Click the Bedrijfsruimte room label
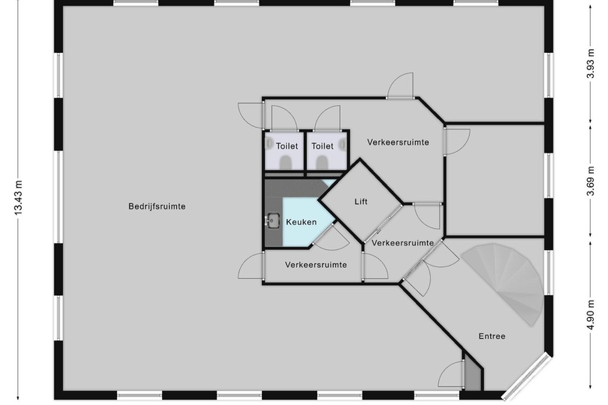[x=157, y=206]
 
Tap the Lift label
[x=361, y=202]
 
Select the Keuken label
[x=302, y=222]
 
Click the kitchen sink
[x=274, y=221]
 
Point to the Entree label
[x=492, y=336]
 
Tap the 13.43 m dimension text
[x=18, y=197]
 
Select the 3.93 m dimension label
[x=590, y=64]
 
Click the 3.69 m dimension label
[x=590, y=181]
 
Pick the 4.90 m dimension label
[x=590, y=315]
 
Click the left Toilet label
[x=287, y=146]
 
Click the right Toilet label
[x=322, y=146]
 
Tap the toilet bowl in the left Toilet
[x=286, y=162]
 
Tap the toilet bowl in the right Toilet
[x=321, y=162]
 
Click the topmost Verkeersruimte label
[x=398, y=143]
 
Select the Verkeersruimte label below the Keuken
[x=316, y=265]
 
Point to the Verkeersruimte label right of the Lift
[x=402, y=243]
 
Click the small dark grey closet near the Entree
[x=472, y=372]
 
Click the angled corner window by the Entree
[x=528, y=377]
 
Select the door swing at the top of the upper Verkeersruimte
[x=399, y=86]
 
